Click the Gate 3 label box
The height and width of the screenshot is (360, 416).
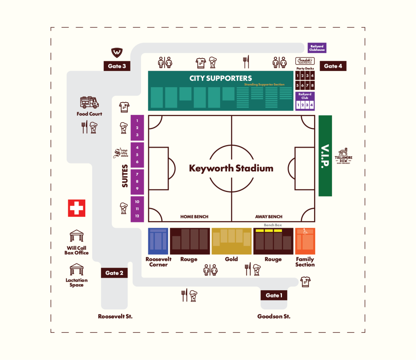click(117, 66)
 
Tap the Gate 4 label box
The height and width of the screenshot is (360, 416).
click(333, 66)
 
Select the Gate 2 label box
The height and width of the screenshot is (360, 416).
click(114, 273)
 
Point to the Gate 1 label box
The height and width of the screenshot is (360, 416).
click(274, 295)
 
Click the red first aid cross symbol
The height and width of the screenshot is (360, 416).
click(76, 208)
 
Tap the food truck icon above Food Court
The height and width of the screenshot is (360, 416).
click(89, 102)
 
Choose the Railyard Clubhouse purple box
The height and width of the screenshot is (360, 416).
click(317, 48)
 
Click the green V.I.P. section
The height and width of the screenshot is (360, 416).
click(325, 155)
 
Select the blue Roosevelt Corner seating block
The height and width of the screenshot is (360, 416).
click(158, 241)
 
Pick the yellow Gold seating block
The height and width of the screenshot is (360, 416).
click(232, 241)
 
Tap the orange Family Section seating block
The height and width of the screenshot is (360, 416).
click(305, 241)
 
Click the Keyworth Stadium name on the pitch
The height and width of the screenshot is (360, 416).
click(231, 168)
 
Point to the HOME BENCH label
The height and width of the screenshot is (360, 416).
click(194, 217)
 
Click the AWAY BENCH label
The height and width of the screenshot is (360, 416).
click(269, 217)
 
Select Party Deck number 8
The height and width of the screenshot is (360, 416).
click(312, 86)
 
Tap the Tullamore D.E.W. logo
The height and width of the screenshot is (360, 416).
click(343, 155)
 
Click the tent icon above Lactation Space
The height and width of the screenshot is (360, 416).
click(76, 270)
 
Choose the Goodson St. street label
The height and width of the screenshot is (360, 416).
click(274, 316)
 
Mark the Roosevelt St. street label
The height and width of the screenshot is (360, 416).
click(115, 316)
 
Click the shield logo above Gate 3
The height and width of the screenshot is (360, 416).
click(117, 52)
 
